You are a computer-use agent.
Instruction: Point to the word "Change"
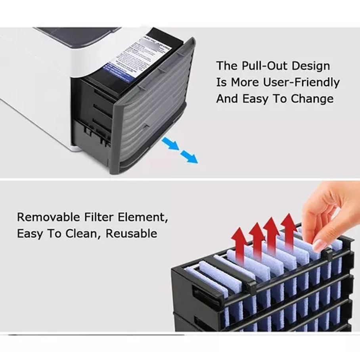(x=313, y=99)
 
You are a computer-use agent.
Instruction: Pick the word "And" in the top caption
(x=227, y=99)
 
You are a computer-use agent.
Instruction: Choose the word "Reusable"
(x=131, y=234)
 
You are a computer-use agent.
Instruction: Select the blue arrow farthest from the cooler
(x=189, y=157)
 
